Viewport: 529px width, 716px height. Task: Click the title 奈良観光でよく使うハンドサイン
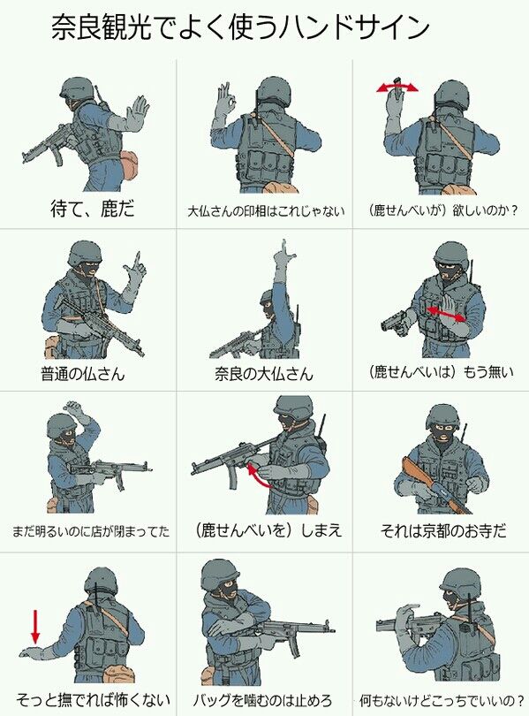pos(240,27)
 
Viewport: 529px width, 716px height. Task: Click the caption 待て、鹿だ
pos(93,209)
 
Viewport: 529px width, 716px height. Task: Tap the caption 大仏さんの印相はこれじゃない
pos(266,211)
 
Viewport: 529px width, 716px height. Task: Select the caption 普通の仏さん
pos(82,374)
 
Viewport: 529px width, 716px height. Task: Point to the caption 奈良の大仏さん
pos(264,374)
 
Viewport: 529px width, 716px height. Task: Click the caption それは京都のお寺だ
pos(443,530)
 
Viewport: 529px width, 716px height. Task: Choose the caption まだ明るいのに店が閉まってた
pos(91,531)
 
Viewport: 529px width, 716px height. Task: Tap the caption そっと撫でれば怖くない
pos(93,700)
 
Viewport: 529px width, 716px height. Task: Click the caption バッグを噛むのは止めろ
pos(261,700)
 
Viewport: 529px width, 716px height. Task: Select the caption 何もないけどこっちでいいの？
pos(442,700)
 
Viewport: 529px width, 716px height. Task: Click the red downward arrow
pos(35,627)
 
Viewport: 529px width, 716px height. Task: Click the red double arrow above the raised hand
pos(397,87)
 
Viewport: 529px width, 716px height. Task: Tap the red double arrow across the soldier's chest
pos(446,314)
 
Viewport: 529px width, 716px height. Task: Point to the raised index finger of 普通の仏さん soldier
pos(137,260)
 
